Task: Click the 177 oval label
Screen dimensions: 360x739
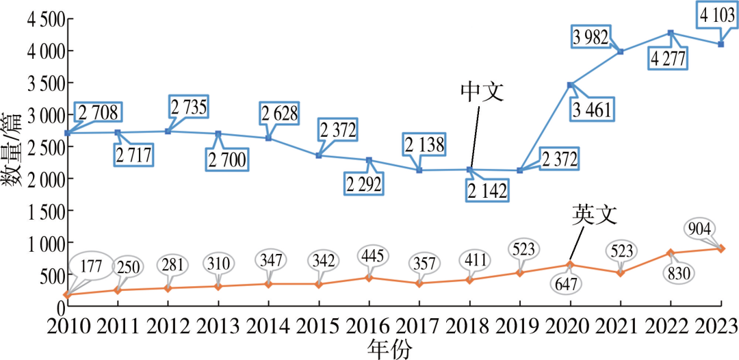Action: click(91, 265)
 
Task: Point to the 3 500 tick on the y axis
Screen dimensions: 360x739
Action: click(45, 83)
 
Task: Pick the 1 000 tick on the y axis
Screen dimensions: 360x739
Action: click(45, 243)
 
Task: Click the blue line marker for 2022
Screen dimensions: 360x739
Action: click(671, 33)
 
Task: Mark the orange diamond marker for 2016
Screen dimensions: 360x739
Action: click(369, 278)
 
